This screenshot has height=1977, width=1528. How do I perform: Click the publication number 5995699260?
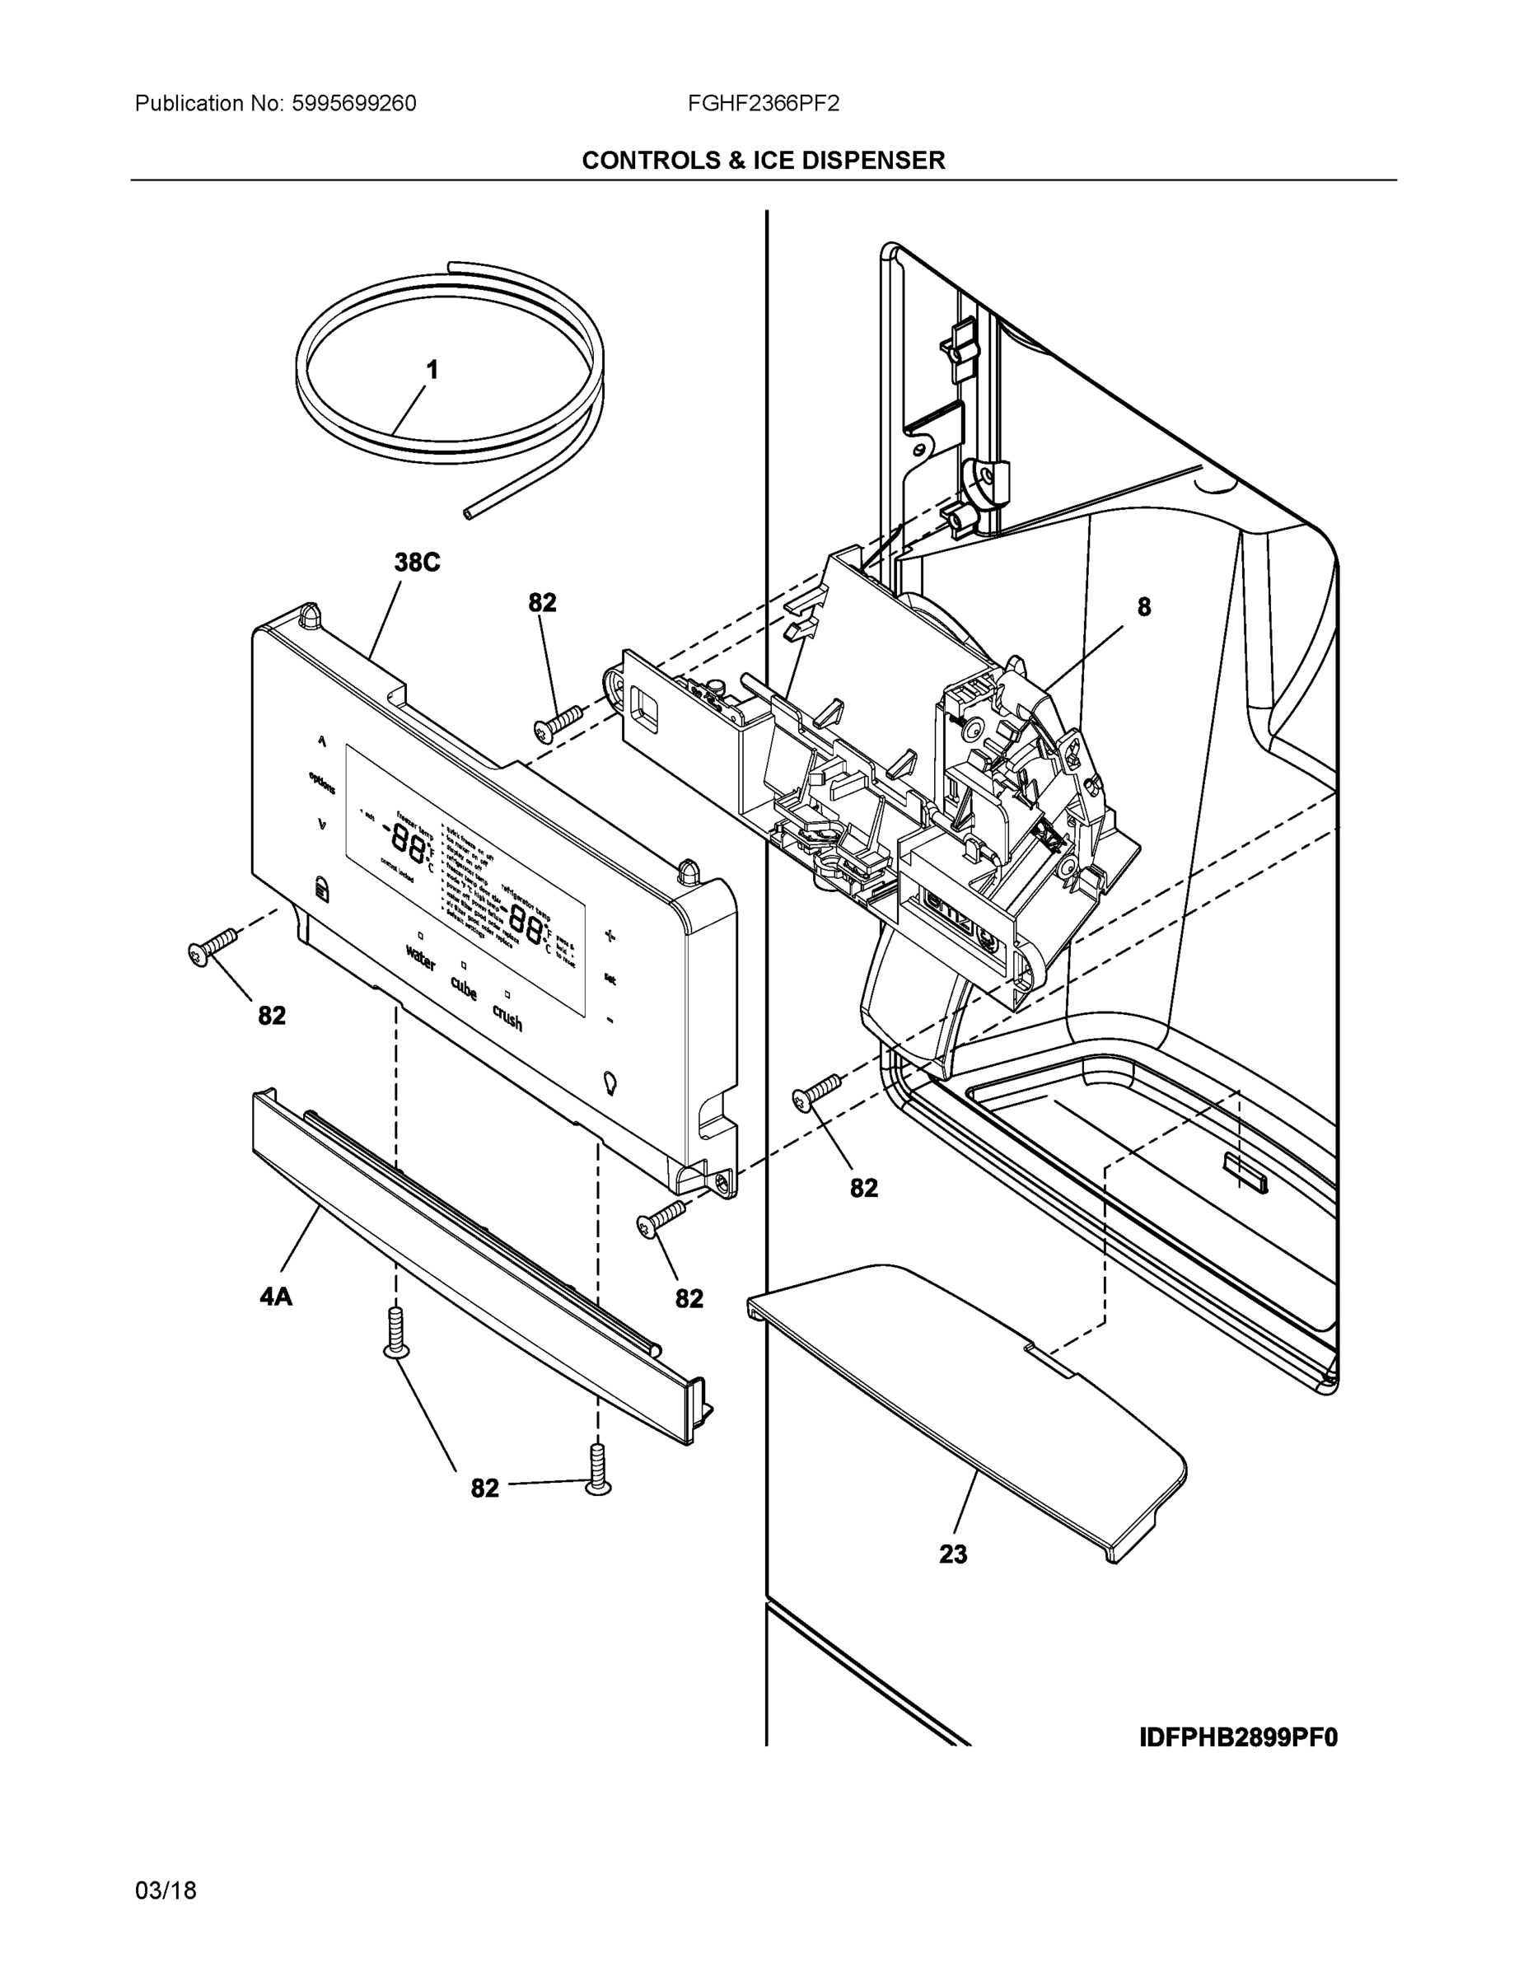coord(353,104)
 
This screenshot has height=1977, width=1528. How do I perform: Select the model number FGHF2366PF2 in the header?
coord(762,104)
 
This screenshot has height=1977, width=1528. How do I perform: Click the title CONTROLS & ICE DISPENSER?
coord(763,161)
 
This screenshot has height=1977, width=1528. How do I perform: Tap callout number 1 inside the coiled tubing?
coord(432,370)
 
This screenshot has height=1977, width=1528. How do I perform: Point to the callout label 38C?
coord(417,563)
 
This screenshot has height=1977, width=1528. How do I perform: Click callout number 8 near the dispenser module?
coord(1143,607)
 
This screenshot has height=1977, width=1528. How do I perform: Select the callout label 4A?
coord(276,1297)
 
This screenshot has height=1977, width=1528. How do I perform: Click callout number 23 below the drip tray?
coord(952,1555)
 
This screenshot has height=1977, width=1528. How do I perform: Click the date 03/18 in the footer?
coord(166,1891)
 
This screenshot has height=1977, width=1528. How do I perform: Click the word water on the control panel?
coord(421,958)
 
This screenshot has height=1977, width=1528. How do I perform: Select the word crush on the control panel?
coord(507,1017)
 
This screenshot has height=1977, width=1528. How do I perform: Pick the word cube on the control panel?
coord(464,988)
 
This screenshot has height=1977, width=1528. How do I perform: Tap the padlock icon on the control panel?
coord(322,888)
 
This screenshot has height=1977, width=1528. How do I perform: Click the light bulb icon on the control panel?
coord(610,1082)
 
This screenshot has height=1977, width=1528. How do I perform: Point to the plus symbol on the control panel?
coord(610,936)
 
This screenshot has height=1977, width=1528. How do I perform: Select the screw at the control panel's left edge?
coord(211,948)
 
